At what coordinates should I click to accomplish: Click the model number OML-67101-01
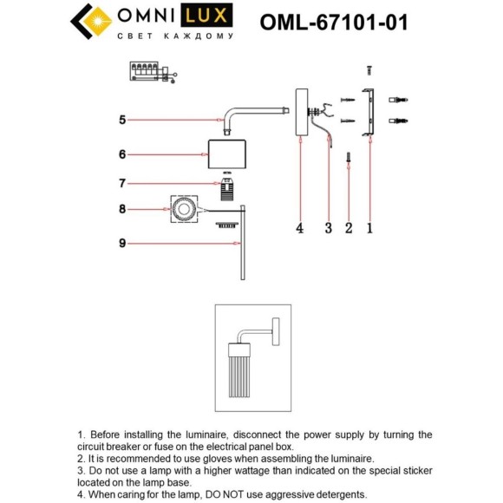334,23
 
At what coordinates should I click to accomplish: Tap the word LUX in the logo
206,16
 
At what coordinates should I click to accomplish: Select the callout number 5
122,120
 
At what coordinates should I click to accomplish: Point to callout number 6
122,154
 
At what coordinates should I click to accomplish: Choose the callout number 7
122,184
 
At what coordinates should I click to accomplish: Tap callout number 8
122,209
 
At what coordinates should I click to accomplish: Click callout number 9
122,244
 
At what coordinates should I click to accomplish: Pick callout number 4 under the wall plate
299,228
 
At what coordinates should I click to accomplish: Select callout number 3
329,228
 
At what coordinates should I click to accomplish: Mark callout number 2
349,228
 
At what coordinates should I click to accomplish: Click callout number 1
369,228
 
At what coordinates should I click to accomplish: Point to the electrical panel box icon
154,72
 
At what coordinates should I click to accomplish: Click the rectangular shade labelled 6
227,154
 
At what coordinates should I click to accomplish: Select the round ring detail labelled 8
184,210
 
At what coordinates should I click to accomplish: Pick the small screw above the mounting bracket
369,70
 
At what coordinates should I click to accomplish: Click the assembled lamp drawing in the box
253,357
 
